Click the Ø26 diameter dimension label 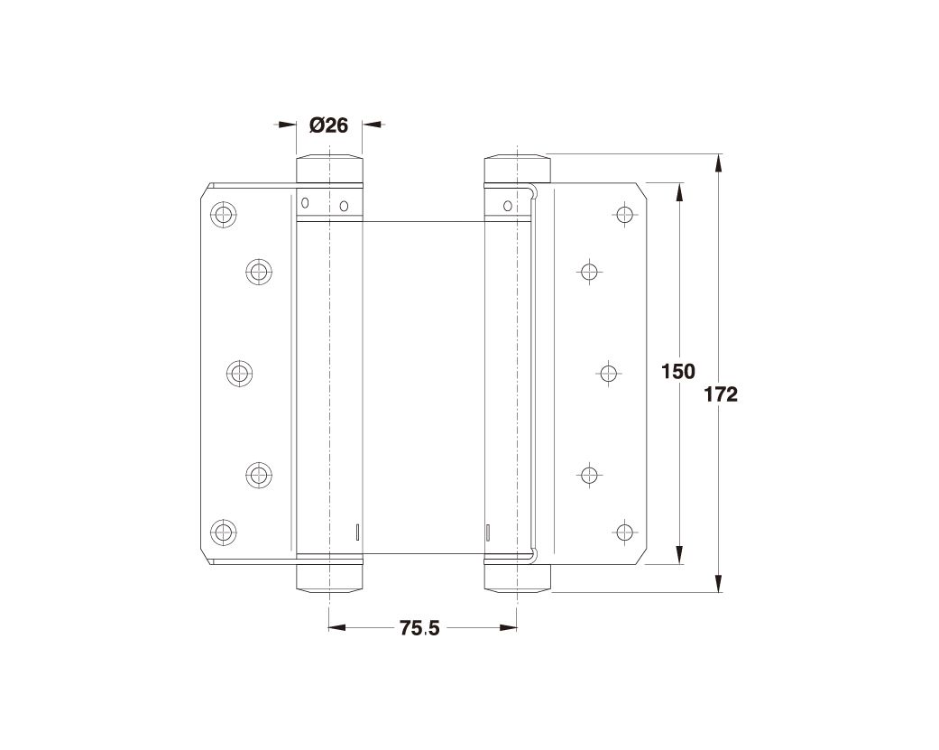click(x=328, y=125)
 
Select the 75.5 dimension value click(x=419, y=629)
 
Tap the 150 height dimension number click(x=678, y=371)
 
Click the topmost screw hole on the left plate click(x=222, y=215)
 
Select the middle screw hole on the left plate click(x=239, y=373)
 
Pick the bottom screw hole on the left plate click(x=222, y=532)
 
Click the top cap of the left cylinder click(x=330, y=168)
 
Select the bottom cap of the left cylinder click(x=330, y=578)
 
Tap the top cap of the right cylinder click(x=516, y=168)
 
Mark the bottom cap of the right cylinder click(x=516, y=578)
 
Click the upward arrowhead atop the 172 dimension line click(x=719, y=162)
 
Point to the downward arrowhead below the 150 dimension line click(x=679, y=557)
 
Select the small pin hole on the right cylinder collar click(x=508, y=207)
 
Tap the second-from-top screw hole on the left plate click(x=258, y=271)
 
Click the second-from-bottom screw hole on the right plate click(x=590, y=474)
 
